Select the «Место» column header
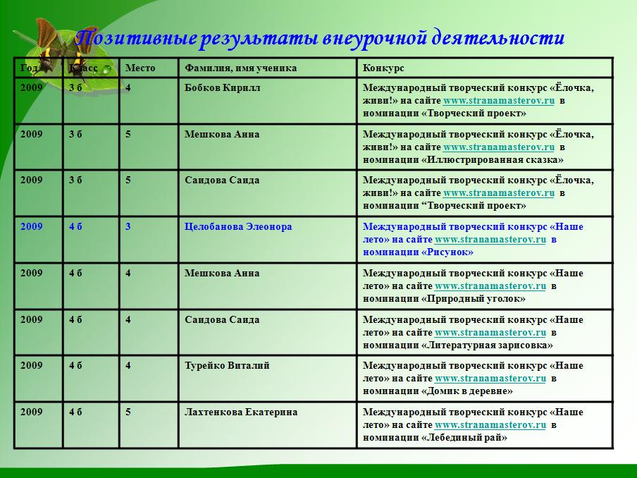[x=140, y=68]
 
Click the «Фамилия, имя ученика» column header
[x=240, y=68]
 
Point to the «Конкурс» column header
[x=383, y=68]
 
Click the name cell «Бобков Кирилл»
[x=222, y=88]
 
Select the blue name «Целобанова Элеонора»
[x=238, y=226]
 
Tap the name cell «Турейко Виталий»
[x=227, y=365]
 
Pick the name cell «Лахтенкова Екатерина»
[x=241, y=412]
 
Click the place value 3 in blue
[x=128, y=226]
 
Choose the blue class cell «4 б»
[x=75, y=226]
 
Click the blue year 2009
[x=31, y=226]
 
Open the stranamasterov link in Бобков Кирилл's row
[x=498, y=101]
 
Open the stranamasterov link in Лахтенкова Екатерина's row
[x=490, y=424]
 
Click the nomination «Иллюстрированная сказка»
[x=493, y=160]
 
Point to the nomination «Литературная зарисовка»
[x=487, y=345]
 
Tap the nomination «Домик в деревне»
[x=466, y=391]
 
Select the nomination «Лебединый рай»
[x=464, y=438]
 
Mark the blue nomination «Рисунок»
[x=447, y=252]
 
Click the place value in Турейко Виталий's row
[x=128, y=365]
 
